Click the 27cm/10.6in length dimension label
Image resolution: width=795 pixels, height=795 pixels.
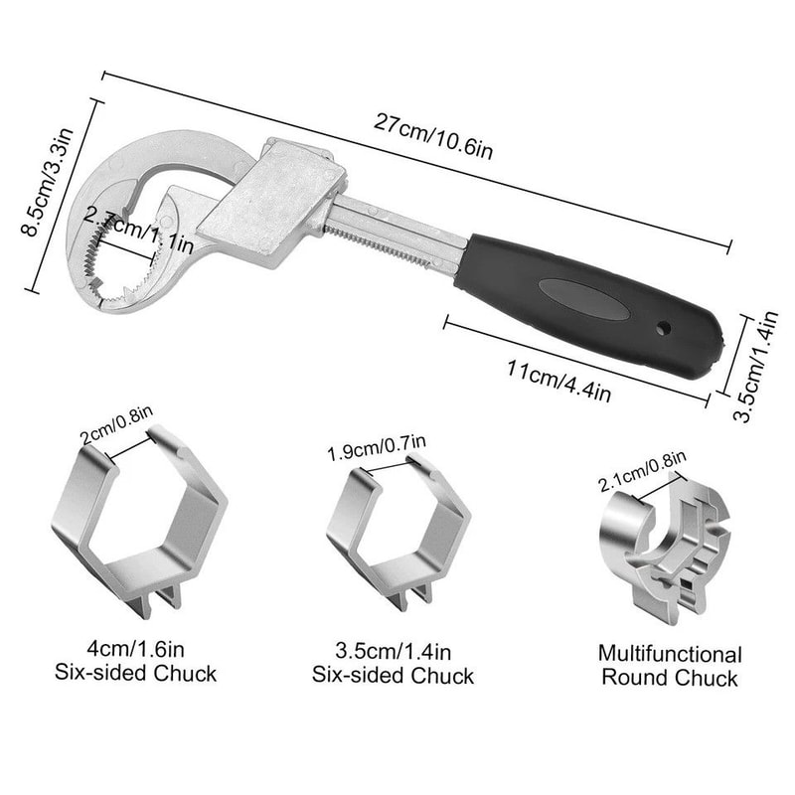pos(433,136)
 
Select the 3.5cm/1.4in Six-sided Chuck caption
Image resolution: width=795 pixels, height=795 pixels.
pos(394,664)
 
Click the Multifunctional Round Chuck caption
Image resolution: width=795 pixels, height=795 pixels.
pos(669,666)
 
